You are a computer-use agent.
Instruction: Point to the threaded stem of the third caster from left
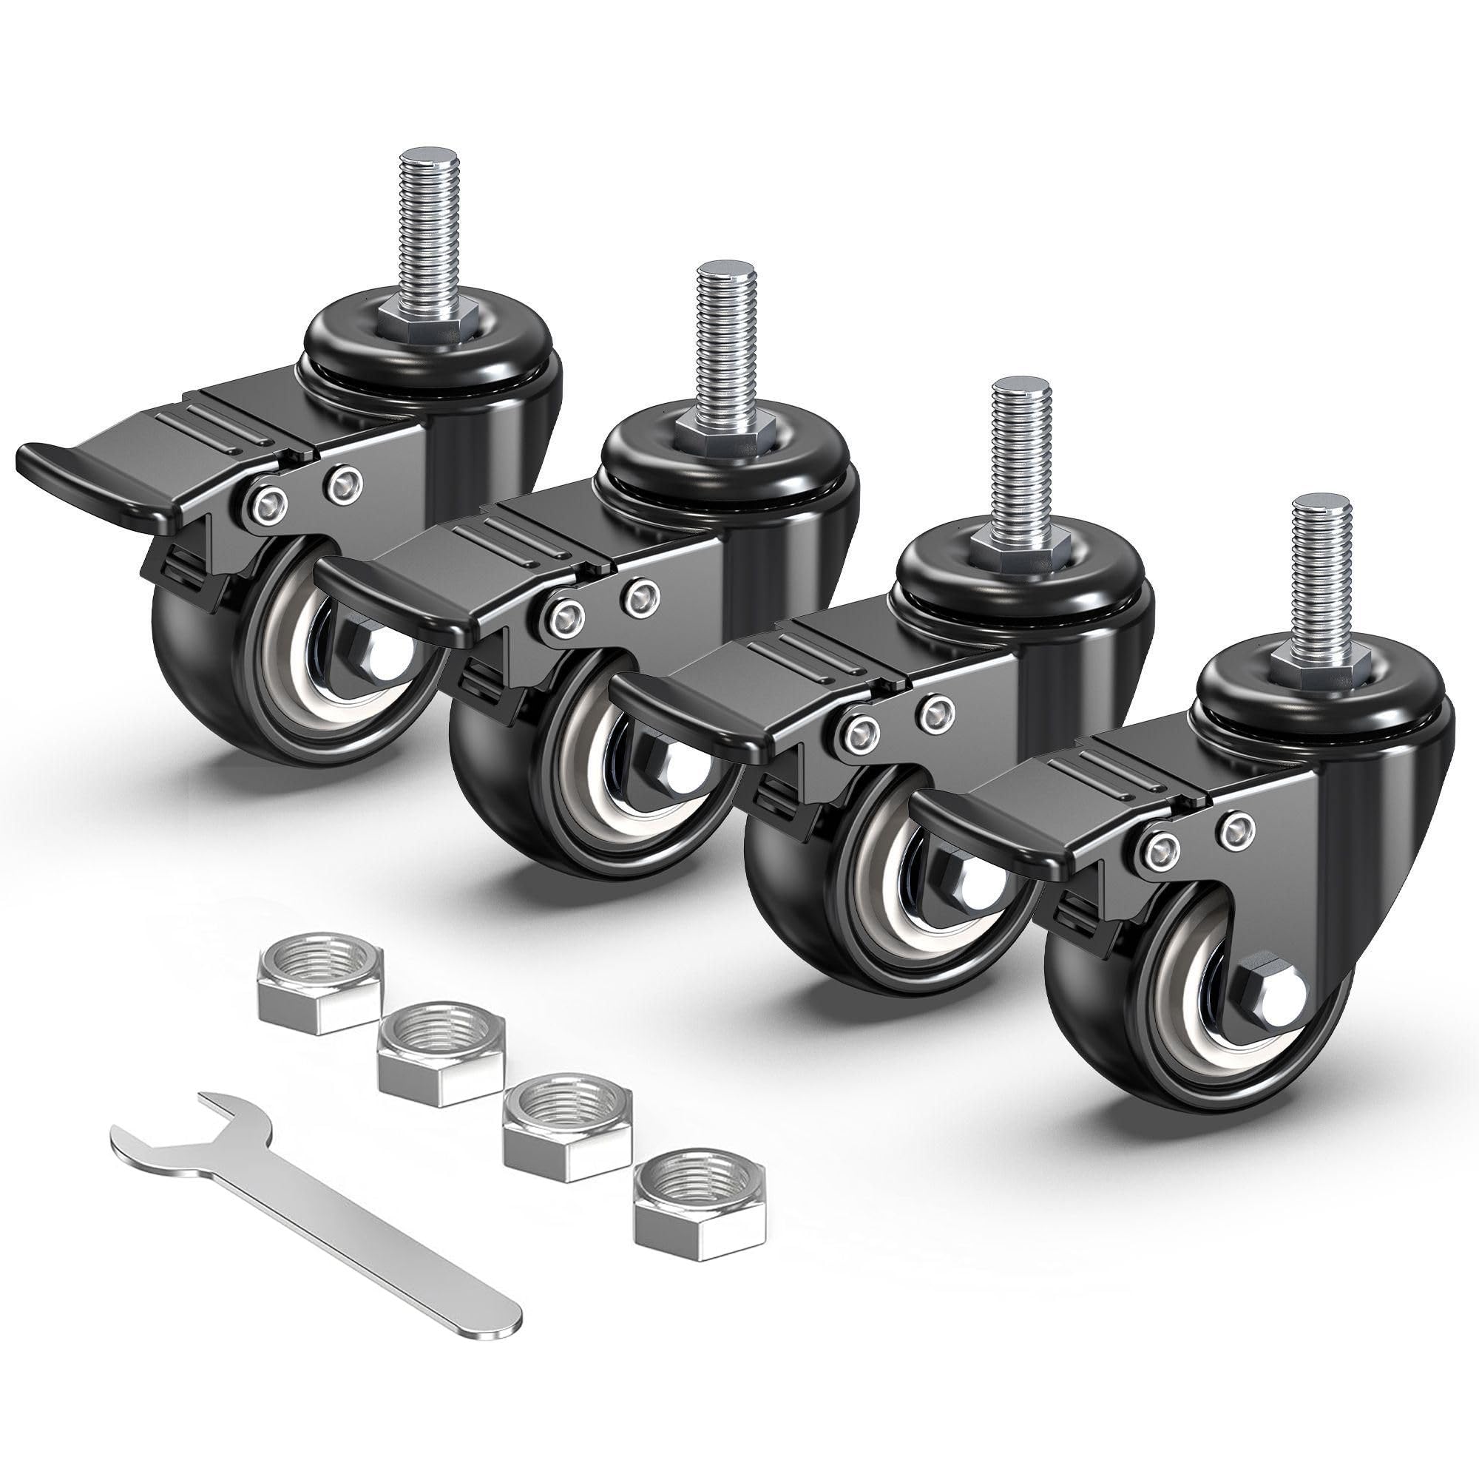point(1022,451)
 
